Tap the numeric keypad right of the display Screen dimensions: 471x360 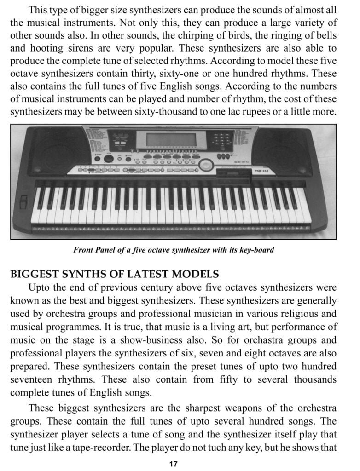coord(222,138)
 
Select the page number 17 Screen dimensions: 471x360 coord(173,464)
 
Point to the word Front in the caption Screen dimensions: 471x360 coord(83,250)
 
